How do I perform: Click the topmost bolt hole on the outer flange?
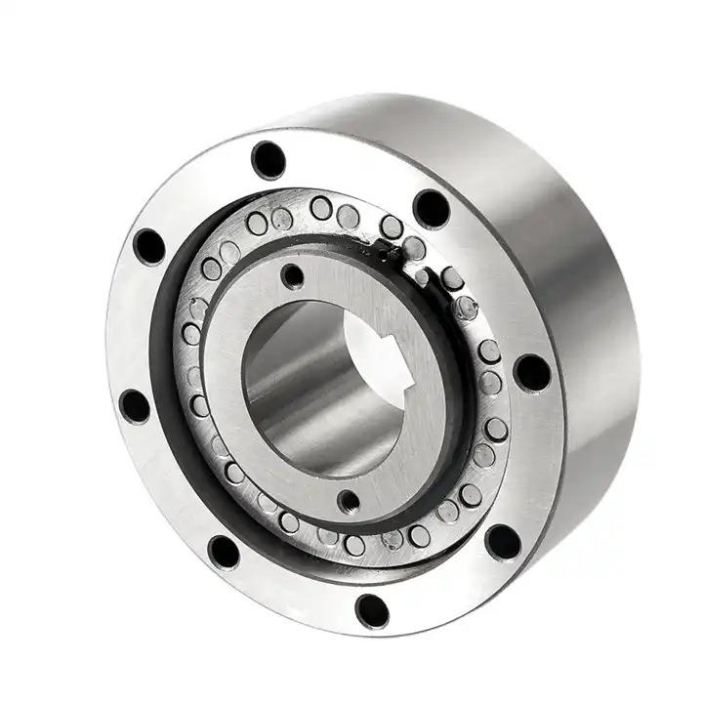click(x=269, y=159)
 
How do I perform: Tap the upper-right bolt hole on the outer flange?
click(x=431, y=207)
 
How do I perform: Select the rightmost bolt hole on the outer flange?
click(x=531, y=372)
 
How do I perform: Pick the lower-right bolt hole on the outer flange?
click(x=502, y=542)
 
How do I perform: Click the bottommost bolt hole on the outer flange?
click(x=372, y=610)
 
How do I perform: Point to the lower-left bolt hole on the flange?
click(x=224, y=552)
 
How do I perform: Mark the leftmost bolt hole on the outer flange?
click(x=135, y=405)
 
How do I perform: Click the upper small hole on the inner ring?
click(x=291, y=276)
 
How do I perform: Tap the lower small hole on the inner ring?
click(x=348, y=502)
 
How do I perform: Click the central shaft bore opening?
click(x=312, y=391)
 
